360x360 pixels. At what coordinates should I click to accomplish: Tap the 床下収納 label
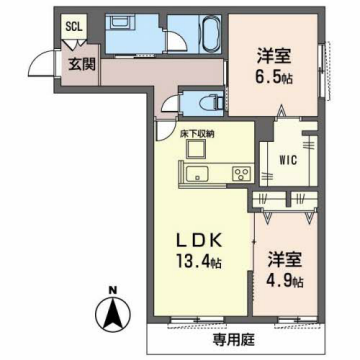(x=197, y=132)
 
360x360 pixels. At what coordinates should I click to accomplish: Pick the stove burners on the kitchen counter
(x=240, y=175)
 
